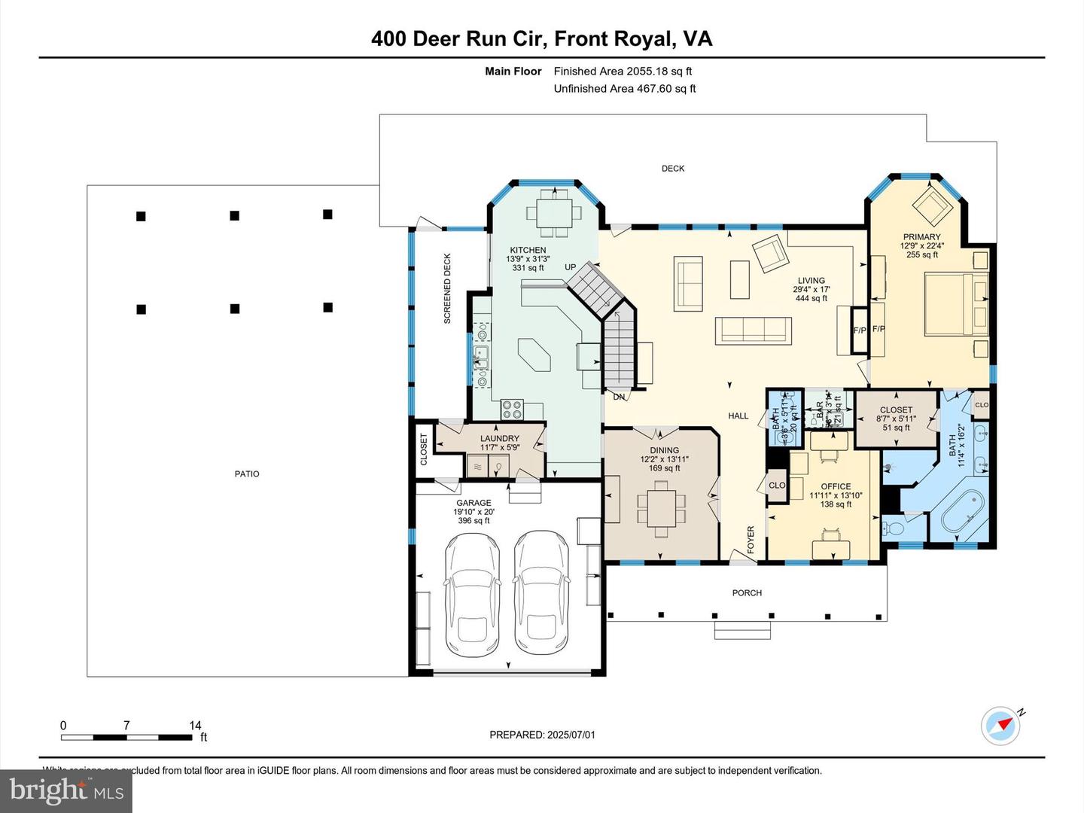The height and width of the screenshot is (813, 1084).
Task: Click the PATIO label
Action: pyautogui.click(x=247, y=473)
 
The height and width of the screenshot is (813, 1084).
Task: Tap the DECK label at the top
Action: pyautogui.click(x=673, y=169)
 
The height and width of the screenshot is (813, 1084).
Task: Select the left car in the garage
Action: pyautogui.click(x=472, y=595)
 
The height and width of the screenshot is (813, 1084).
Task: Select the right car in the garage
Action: pyautogui.click(x=541, y=593)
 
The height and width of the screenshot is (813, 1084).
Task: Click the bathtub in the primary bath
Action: pyautogui.click(x=963, y=512)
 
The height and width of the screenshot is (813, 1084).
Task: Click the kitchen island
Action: pyautogui.click(x=534, y=355)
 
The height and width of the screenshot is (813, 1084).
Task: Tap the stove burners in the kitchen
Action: pyautogui.click(x=512, y=410)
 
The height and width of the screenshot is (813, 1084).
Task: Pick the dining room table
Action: pyautogui.click(x=661, y=509)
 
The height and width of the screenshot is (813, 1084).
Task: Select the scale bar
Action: pyautogui.click(x=126, y=737)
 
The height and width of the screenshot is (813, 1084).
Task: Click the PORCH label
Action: pyautogui.click(x=747, y=593)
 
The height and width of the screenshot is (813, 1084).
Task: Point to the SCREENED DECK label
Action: pyautogui.click(x=447, y=288)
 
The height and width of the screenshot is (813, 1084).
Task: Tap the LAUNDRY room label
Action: pyautogui.click(x=500, y=438)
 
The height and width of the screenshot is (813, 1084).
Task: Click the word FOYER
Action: pyautogui.click(x=751, y=540)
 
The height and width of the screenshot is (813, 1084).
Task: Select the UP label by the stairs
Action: pyautogui.click(x=571, y=267)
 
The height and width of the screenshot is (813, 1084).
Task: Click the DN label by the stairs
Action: pyautogui.click(x=619, y=397)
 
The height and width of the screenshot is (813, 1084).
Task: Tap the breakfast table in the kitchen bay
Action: pyautogui.click(x=554, y=213)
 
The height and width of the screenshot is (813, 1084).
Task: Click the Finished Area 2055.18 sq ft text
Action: pyautogui.click(x=623, y=72)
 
